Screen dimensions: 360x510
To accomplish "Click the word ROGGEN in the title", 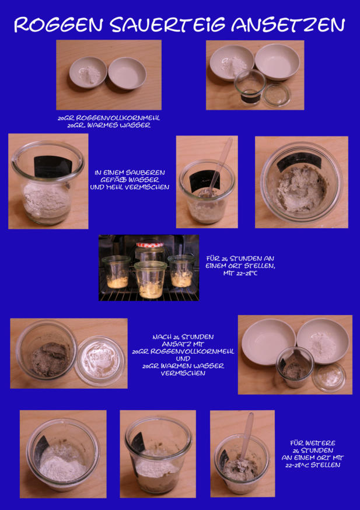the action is (58, 25).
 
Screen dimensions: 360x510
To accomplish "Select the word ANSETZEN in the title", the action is (288, 25).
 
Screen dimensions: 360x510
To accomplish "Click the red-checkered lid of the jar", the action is (150, 244).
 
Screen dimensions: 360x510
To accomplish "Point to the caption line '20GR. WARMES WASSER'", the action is (109, 125).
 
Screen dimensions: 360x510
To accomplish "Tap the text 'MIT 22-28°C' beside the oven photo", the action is (240, 274).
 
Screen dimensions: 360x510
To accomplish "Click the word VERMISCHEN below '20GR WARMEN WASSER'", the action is (183, 373).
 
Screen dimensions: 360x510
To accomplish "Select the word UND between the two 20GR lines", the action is (183, 359).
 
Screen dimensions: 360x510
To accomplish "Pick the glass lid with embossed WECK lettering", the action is (100, 361).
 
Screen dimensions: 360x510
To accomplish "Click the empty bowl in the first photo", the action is (127, 73).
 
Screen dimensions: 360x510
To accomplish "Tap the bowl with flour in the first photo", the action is (88, 72).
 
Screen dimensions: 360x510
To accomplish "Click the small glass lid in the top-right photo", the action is (277, 95).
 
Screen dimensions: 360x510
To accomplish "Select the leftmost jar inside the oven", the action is (116, 271).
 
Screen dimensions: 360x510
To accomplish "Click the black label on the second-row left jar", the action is (53, 166).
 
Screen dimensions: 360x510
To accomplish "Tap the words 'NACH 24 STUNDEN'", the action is (183, 337).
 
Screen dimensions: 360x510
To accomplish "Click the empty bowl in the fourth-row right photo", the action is (268, 341).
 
